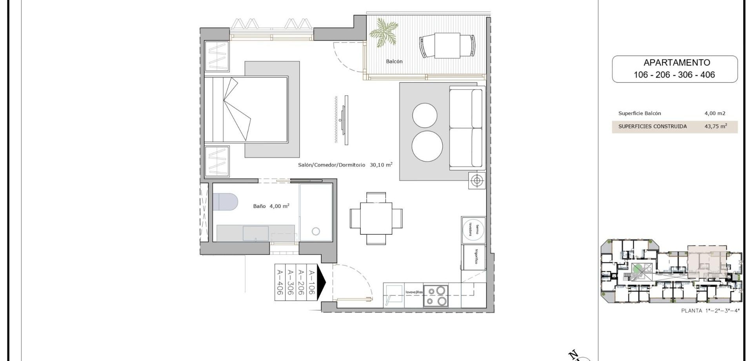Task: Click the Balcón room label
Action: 394,62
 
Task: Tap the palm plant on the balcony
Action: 384,32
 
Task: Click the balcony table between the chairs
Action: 447,45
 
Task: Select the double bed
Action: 246,109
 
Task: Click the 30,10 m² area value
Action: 381,165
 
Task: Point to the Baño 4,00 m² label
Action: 271,206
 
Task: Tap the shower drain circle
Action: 316,232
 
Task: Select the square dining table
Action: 376,218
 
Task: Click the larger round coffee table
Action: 427,146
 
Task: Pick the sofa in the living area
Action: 466,128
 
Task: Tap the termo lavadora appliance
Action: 473,230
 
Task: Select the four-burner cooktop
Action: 436,296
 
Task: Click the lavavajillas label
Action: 414,292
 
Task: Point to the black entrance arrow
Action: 321,281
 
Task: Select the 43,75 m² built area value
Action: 715,126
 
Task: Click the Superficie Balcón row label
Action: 640,113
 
